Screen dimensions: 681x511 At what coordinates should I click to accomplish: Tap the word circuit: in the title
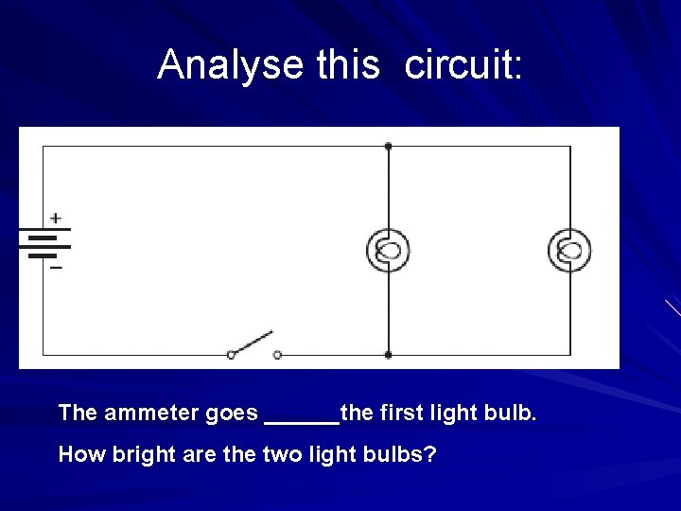[463, 64]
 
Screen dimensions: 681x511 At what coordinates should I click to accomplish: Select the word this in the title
[347, 64]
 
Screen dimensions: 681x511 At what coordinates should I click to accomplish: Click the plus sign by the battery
[56, 218]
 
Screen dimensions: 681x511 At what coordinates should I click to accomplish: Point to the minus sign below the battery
[56, 268]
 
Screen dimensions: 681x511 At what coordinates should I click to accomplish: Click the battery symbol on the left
[44, 243]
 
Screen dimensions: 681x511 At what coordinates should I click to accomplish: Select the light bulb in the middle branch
[389, 251]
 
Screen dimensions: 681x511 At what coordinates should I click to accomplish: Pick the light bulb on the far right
[569, 251]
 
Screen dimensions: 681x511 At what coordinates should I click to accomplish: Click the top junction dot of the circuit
[389, 146]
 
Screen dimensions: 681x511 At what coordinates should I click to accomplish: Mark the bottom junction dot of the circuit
[389, 355]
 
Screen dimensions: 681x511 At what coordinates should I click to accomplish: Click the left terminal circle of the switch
[231, 355]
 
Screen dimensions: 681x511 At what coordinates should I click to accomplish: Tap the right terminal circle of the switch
[277, 355]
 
